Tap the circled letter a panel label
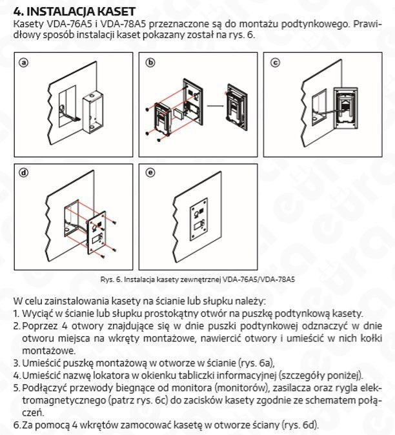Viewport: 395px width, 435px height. click(23, 63)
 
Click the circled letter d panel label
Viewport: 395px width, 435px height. click(23, 173)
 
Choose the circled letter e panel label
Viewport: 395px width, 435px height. click(151, 173)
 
